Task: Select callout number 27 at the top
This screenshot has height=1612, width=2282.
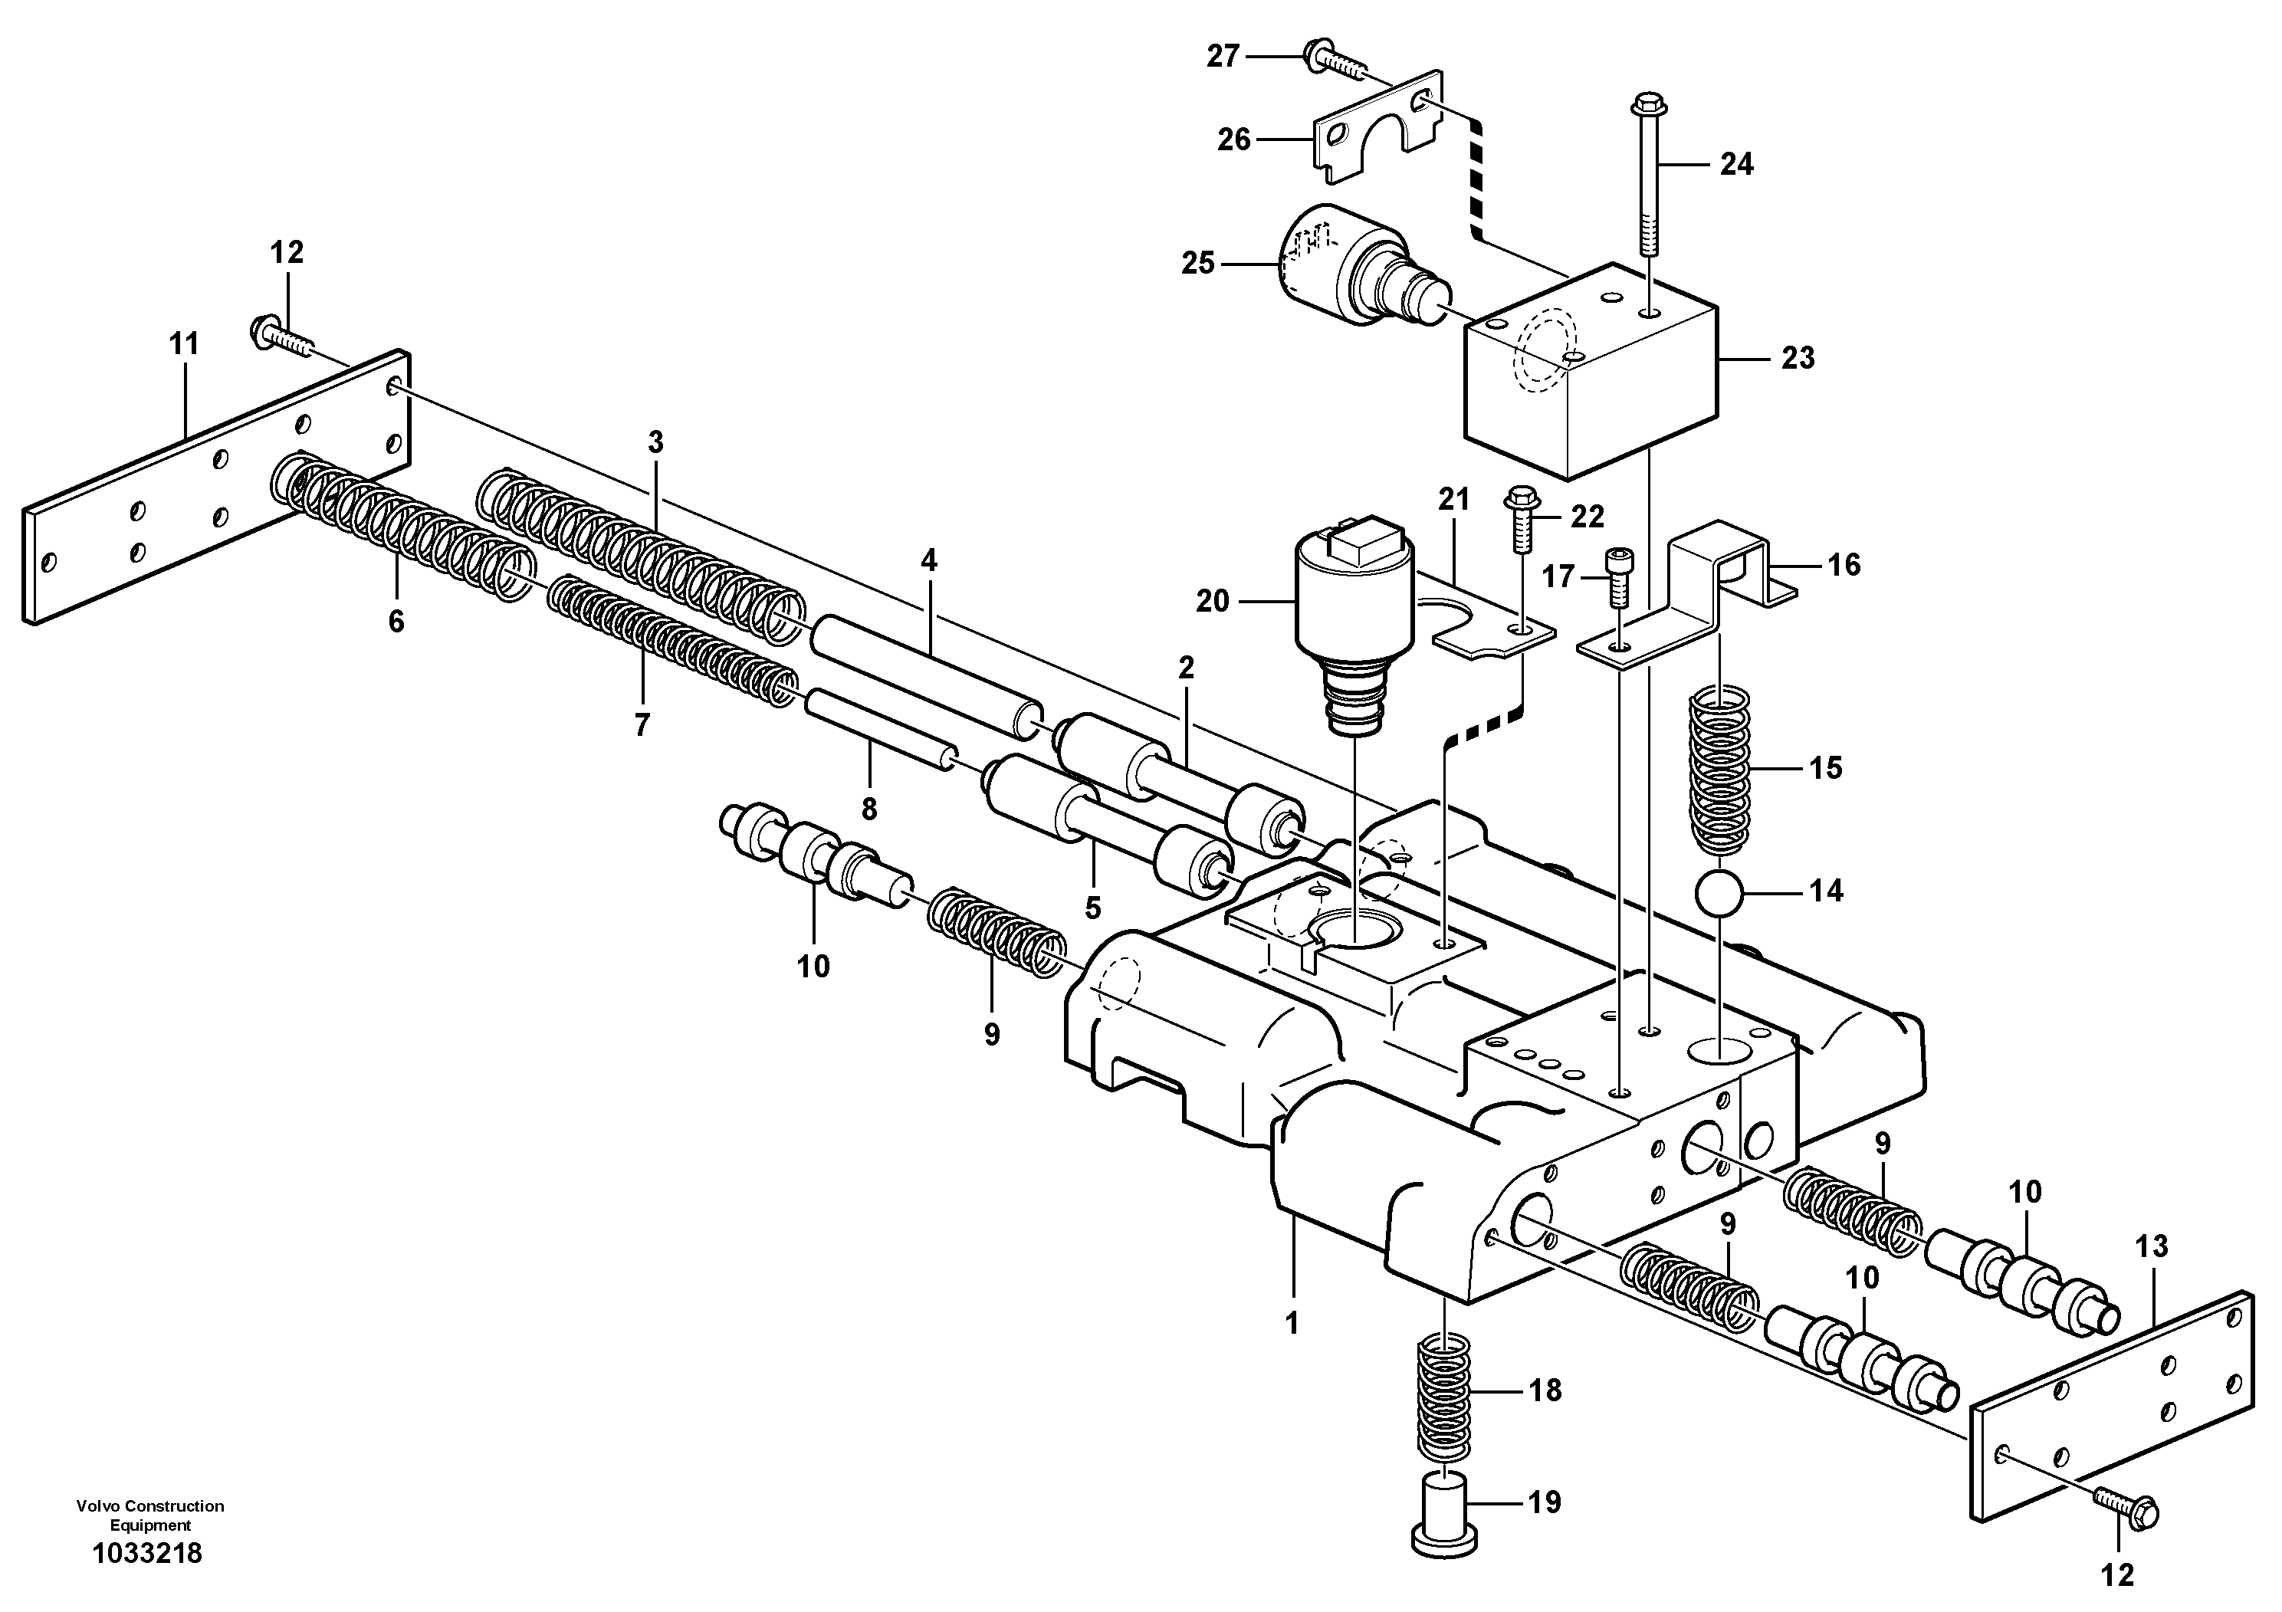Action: click(x=1223, y=57)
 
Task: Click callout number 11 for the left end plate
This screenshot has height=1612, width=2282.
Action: click(x=184, y=344)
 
